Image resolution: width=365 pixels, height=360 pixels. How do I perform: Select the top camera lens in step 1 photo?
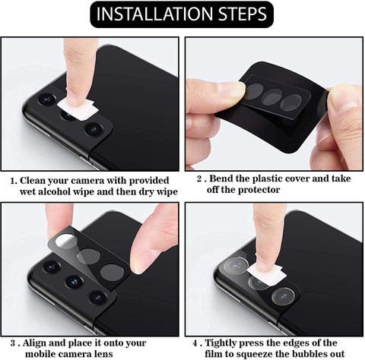47,99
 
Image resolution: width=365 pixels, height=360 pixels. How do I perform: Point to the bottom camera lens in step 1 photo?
94,129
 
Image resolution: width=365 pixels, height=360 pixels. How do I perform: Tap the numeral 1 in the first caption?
13,181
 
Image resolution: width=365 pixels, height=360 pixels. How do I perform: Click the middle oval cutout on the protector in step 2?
273,97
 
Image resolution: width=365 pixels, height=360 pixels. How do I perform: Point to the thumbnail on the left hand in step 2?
233,89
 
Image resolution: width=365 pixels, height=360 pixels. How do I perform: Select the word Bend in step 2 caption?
221,178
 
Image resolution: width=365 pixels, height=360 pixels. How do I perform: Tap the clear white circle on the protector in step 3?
66,241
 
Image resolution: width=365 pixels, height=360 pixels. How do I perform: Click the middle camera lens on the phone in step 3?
74,282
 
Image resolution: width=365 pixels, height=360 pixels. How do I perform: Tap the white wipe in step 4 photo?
265,274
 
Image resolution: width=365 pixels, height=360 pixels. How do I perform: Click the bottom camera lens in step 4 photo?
284,296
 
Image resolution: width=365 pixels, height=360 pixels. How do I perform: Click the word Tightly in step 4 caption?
221,343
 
